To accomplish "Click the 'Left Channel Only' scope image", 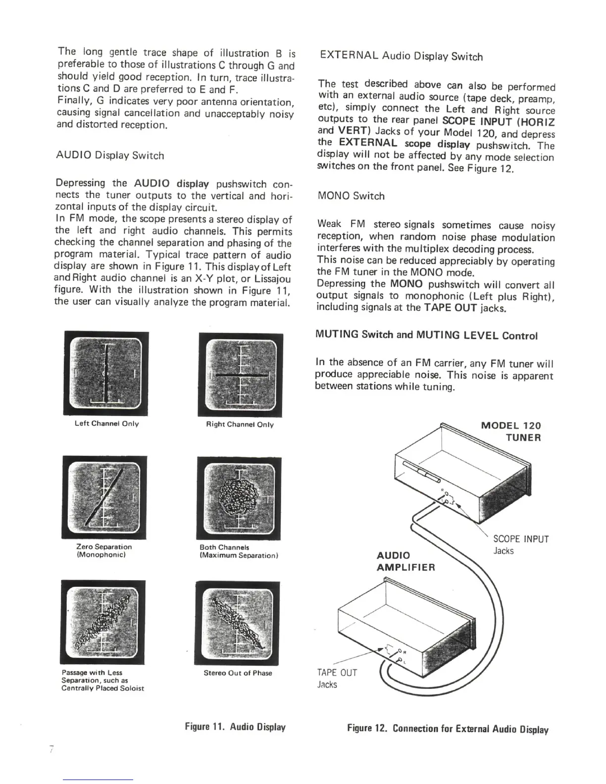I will (x=106, y=374).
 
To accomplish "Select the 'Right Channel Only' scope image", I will (x=240, y=375).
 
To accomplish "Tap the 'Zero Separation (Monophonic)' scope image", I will (x=104, y=497).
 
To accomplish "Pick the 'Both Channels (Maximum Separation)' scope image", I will (x=239, y=498).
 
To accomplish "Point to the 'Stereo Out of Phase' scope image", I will (x=238, y=623).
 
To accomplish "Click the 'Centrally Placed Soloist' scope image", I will (x=103, y=622).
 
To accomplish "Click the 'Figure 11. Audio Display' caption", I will (x=235, y=727).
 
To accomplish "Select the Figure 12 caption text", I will (x=448, y=729).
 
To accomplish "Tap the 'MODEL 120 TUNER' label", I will (x=511, y=432).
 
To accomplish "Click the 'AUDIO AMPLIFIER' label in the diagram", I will (x=405, y=561).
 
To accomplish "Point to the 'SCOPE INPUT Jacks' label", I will (x=521, y=545).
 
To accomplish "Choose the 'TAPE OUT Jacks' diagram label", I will (x=337, y=679).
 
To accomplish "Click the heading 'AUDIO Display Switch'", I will (x=109, y=155).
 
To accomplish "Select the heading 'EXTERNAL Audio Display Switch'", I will (x=401, y=56).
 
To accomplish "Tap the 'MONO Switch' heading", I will (x=351, y=196).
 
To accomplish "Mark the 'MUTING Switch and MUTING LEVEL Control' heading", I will (x=426, y=336).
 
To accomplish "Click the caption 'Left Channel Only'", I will (x=106, y=424).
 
